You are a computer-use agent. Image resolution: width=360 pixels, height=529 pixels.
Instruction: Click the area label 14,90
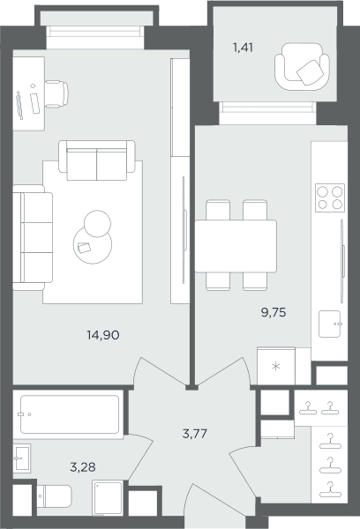click(x=103, y=335)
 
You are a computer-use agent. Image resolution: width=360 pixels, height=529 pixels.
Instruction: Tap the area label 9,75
click(x=274, y=312)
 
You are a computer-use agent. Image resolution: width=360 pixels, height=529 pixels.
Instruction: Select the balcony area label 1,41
click(x=243, y=48)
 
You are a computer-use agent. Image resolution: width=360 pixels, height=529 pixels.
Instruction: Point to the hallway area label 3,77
click(x=195, y=434)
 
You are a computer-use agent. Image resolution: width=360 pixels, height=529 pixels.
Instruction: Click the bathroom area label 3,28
click(x=83, y=467)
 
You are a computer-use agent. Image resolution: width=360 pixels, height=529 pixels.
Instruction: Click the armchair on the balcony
click(x=302, y=66)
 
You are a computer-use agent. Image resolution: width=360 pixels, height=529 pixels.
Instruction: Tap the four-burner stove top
click(x=330, y=197)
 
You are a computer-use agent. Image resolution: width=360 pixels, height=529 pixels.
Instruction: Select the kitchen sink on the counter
click(x=330, y=324)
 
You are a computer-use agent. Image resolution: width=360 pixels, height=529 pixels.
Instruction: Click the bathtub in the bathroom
click(x=69, y=414)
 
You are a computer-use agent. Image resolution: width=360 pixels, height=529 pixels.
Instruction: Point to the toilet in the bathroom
click(x=54, y=495)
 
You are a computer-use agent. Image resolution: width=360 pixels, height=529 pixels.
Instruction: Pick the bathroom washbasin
click(x=22, y=458)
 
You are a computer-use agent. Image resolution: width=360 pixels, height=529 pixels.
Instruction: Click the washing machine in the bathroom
click(x=108, y=498)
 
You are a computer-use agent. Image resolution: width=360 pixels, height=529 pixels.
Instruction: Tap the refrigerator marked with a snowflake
click(x=276, y=366)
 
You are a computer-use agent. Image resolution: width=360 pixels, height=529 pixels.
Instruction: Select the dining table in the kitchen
click(x=236, y=246)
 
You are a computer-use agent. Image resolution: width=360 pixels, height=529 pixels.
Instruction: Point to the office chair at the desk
click(x=56, y=94)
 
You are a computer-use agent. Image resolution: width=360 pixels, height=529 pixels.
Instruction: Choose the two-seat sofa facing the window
click(x=97, y=160)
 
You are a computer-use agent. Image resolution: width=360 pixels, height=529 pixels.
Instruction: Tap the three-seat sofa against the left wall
click(x=33, y=237)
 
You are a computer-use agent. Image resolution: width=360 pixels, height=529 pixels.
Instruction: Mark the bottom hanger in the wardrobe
click(x=330, y=490)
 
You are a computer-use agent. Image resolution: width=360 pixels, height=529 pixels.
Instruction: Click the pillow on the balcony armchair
click(x=309, y=72)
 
